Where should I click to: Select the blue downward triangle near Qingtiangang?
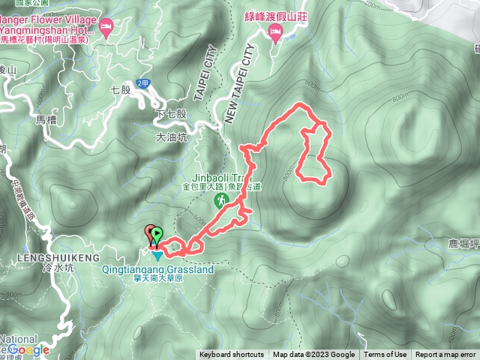pos(157,256)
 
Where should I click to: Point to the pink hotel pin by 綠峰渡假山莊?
pos(275,32)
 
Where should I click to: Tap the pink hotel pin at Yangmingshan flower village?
pos(106,30)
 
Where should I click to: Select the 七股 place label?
pos(120,89)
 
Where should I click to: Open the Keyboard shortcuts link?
pos(232,355)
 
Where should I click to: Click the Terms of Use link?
pos(385,355)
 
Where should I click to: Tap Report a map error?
pos(445,355)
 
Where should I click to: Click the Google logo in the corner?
pos(30,349)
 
